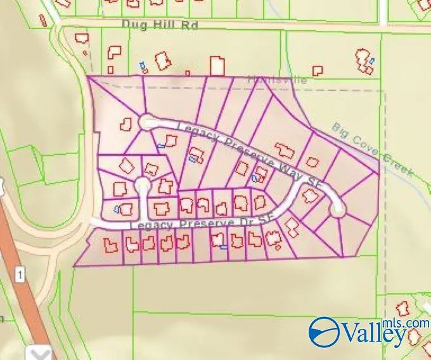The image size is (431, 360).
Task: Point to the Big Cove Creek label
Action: point(373,150)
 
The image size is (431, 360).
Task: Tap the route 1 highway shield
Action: point(21,274)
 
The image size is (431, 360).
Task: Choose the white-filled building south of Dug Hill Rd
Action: point(217,66)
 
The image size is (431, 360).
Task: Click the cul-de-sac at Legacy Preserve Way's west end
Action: point(147,121)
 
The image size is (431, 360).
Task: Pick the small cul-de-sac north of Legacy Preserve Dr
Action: point(142,185)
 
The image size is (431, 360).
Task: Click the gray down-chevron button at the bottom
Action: point(39,353)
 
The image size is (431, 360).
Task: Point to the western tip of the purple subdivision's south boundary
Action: point(74,266)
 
